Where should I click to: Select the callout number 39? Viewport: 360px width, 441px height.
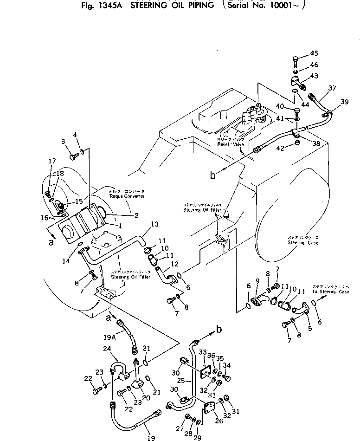tap(344, 102)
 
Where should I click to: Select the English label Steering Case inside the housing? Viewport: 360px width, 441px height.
tap(303, 243)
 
